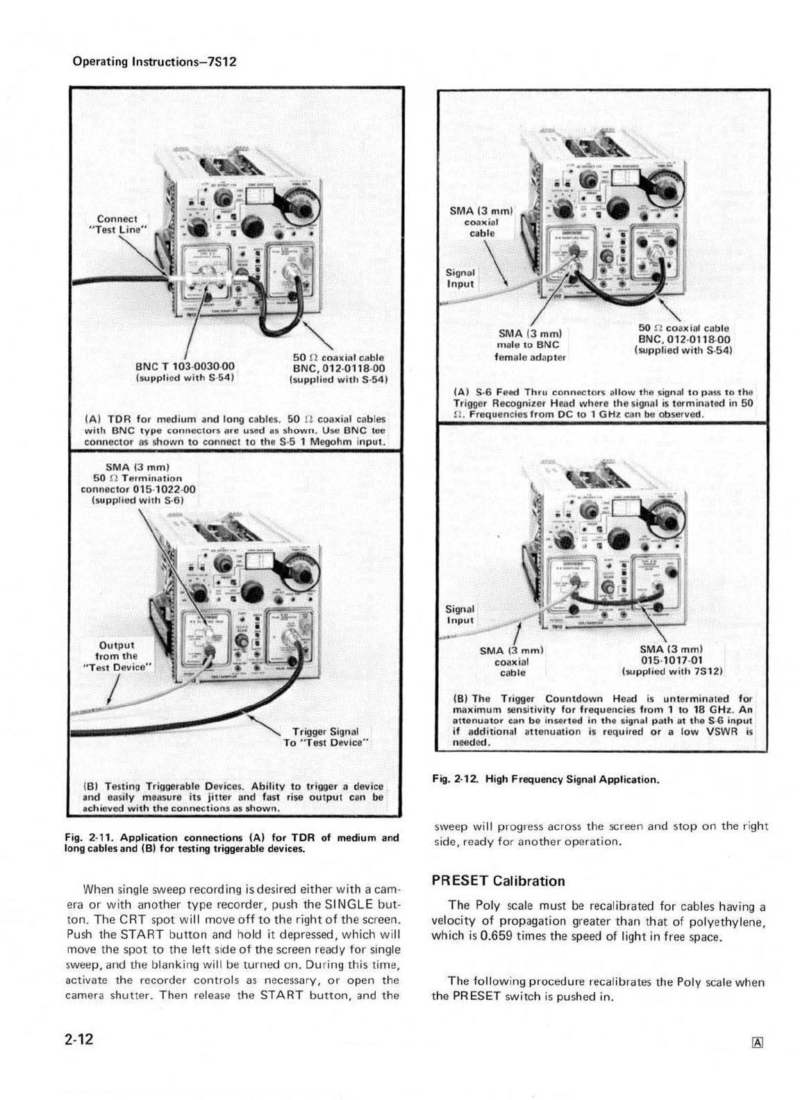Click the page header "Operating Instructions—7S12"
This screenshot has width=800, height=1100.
point(155,61)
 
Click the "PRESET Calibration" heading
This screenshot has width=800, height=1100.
point(498,881)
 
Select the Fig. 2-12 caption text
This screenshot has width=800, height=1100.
point(545,779)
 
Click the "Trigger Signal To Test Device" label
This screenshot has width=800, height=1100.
point(325,737)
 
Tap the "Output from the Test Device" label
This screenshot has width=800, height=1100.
point(117,656)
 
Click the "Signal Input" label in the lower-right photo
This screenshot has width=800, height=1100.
point(460,615)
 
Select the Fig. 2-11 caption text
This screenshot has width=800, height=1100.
point(231,842)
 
